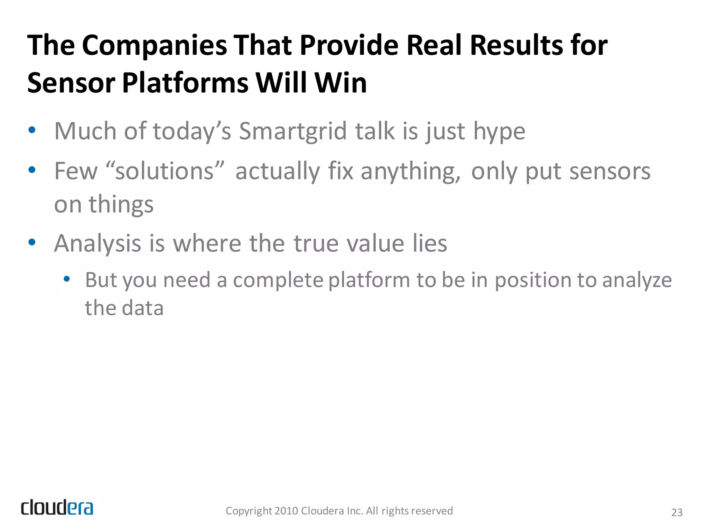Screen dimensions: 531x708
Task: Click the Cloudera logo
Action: tap(57, 507)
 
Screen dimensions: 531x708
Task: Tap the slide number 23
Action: tap(677, 512)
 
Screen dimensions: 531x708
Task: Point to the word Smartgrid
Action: tap(293, 131)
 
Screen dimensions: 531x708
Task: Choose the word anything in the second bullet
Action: tap(411, 172)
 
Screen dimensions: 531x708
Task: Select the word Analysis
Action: tap(97, 244)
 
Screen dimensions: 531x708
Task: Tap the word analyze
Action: tap(637, 280)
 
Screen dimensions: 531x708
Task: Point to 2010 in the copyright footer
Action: tap(286, 511)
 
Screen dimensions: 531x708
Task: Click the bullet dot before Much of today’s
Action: tap(32, 130)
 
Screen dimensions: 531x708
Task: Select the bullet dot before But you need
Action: tap(67, 279)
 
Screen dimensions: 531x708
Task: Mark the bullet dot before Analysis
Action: tap(32, 242)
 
